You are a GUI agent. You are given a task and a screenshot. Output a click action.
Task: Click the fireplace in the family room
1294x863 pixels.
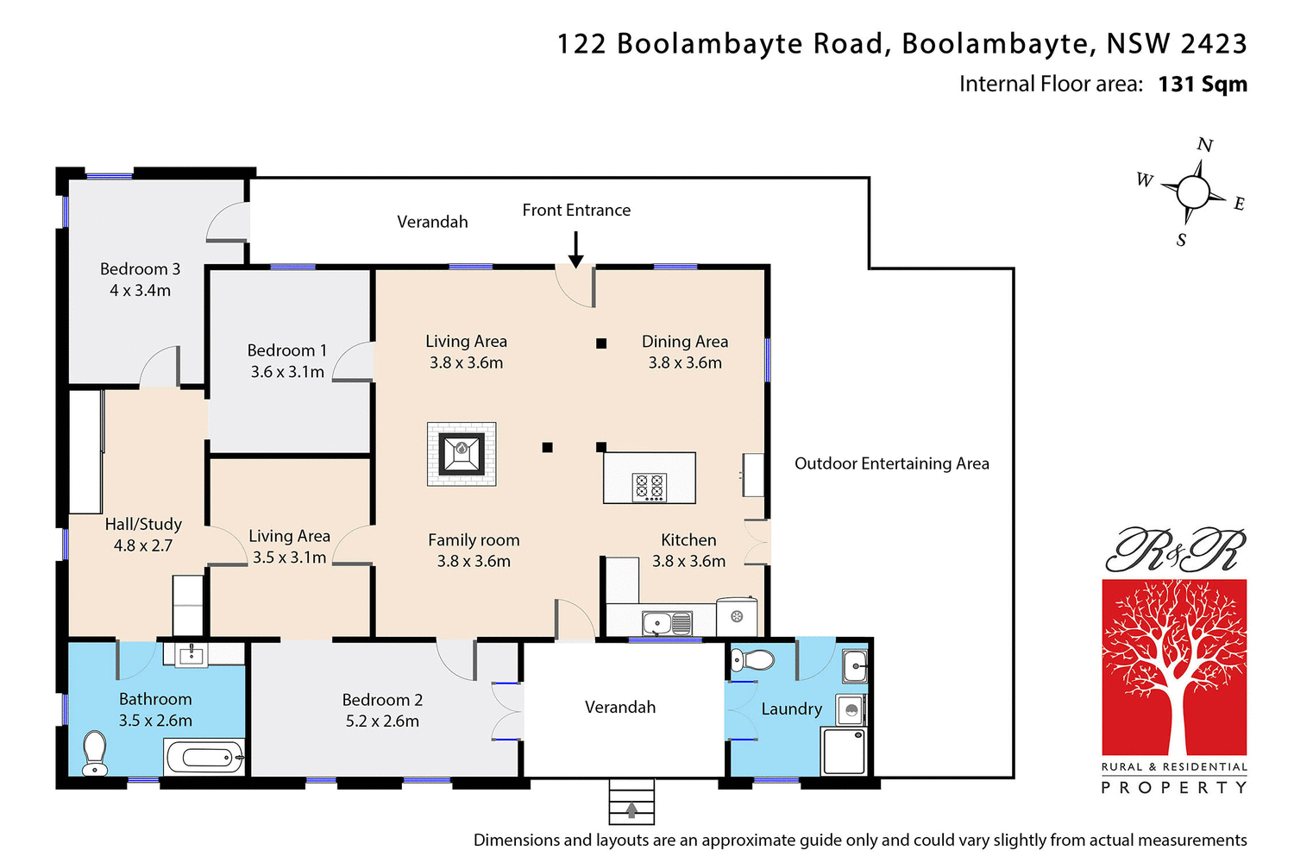click(462, 453)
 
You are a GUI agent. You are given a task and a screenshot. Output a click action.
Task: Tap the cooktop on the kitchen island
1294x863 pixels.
click(650, 487)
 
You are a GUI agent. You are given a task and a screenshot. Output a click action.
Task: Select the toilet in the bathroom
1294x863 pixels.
click(94, 753)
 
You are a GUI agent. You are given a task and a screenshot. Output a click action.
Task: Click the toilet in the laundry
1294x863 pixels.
click(752, 661)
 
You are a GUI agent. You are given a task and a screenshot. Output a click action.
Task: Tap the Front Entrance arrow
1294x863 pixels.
click(576, 249)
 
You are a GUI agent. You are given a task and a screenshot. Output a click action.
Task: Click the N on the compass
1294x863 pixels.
click(1205, 145)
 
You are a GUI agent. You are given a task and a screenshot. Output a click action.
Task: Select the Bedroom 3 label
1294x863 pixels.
click(140, 269)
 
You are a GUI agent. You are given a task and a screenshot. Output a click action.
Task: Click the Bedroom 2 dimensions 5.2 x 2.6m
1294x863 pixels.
click(382, 721)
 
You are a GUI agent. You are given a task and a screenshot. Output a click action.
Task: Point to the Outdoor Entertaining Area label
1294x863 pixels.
click(891, 463)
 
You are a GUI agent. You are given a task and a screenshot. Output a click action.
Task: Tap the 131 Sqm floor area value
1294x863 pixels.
click(1203, 84)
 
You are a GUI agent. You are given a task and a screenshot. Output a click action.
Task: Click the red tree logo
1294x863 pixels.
click(1174, 667)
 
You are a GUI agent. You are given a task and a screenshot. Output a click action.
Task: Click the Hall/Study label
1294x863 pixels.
click(143, 524)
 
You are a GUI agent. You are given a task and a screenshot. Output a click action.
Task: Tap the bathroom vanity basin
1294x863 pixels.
click(191, 655)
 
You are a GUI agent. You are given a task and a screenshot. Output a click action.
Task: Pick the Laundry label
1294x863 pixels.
click(791, 709)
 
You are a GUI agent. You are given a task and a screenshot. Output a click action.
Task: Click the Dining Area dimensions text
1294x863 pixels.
click(685, 363)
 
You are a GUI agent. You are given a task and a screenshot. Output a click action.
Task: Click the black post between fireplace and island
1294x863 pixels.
click(547, 447)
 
